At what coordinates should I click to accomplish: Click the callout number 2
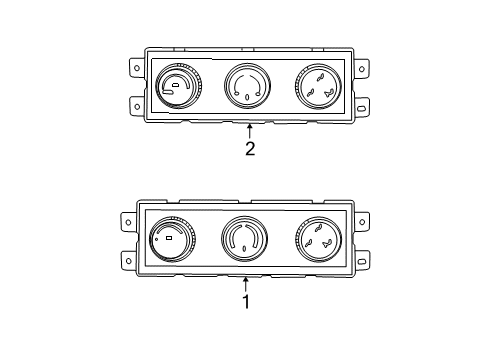pyautogui.click(x=250, y=150)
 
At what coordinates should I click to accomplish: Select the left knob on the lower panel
pyautogui.click(x=170, y=241)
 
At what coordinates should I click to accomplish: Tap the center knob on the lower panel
pyautogui.click(x=243, y=241)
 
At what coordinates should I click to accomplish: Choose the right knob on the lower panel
pyautogui.click(x=319, y=241)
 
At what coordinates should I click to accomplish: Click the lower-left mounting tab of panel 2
pyautogui.click(x=134, y=104)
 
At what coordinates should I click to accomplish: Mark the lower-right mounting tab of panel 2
pyautogui.click(x=361, y=104)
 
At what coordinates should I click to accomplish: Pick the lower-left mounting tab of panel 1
pyautogui.click(x=129, y=259)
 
